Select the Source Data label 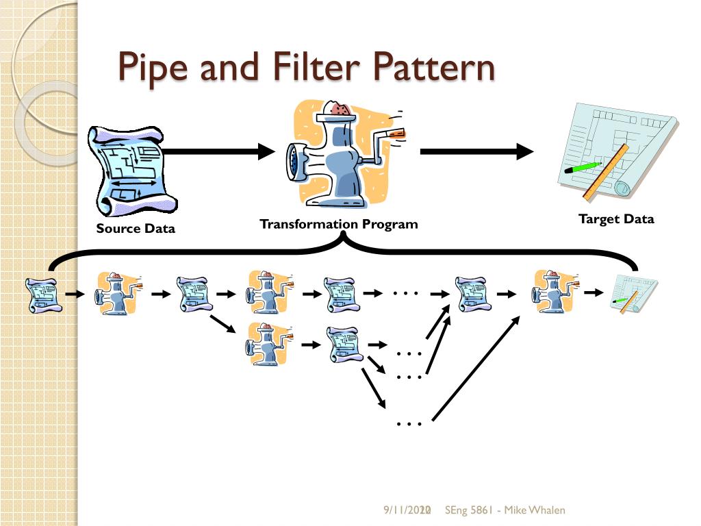136,229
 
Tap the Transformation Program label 338,224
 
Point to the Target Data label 616,219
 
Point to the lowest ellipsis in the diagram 409,424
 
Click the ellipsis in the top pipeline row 405,293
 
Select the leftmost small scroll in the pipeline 42,295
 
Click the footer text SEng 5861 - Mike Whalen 505,510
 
